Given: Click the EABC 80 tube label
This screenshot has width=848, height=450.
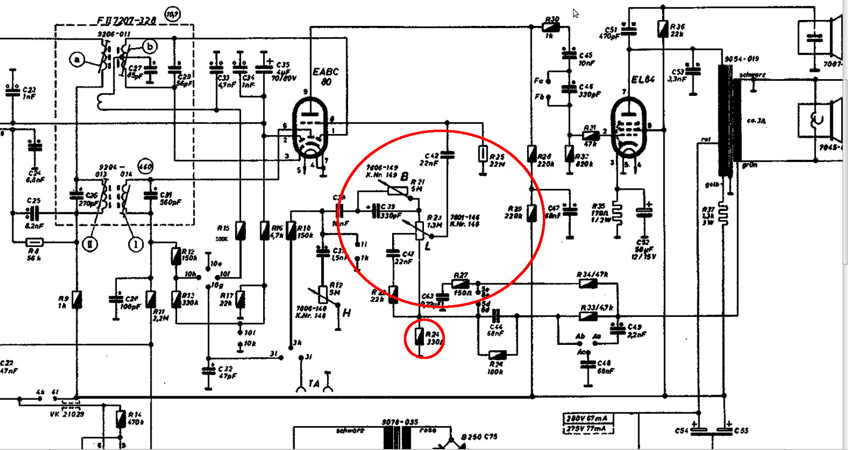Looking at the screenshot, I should [x=326, y=77].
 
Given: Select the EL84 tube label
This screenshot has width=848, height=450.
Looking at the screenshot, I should [x=643, y=80].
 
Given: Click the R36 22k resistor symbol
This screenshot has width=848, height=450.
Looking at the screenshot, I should [x=663, y=29].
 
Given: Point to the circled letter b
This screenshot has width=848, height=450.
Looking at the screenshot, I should [x=150, y=46].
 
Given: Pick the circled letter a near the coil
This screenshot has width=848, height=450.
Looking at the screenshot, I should [x=77, y=60].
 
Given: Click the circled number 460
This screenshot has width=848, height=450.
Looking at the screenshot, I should [x=146, y=166].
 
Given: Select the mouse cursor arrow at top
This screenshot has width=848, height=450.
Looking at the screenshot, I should [x=576, y=13].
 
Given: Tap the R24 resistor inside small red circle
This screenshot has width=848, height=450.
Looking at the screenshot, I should [x=419, y=337].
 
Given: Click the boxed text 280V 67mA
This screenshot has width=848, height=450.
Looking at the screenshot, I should [x=587, y=418].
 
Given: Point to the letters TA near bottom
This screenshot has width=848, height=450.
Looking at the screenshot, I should [x=313, y=383].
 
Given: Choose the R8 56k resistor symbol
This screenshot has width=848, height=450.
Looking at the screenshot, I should [x=34, y=242].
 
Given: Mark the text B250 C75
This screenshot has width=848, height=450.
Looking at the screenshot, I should [x=479, y=437].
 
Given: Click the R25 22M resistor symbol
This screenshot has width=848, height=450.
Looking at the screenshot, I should [x=483, y=154].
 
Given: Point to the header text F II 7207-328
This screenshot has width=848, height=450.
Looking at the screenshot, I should [x=126, y=20].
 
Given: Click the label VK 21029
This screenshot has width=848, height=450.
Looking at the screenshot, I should [x=67, y=414].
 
